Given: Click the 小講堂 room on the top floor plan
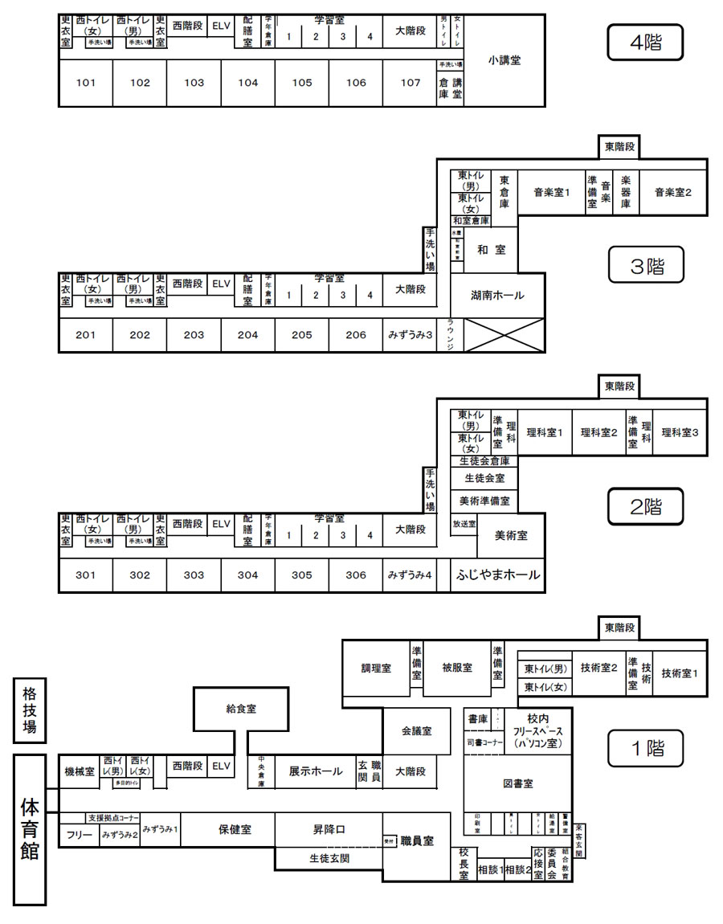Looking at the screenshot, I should click(x=504, y=60).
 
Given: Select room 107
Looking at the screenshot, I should click(x=411, y=83).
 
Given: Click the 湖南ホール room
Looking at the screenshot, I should click(x=497, y=296).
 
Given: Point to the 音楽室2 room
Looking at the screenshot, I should click(x=673, y=192).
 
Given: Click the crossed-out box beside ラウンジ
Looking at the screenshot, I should click(x=505, y=335).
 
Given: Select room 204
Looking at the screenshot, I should click(x=248, y=335).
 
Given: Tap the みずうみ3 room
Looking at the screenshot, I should click(x=411, y=335).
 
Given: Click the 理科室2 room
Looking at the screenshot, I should click(x=598, y=432).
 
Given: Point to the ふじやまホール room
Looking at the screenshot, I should click(x=497, y=575).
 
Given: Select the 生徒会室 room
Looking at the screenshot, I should click(x=484, y=478).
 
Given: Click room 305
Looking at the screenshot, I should click(x=302, y=575).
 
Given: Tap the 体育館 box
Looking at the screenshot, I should click(x=30, y=828).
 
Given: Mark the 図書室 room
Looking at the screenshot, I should click(x=518, y=783).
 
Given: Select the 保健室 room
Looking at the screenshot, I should click(x=235, y=830).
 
